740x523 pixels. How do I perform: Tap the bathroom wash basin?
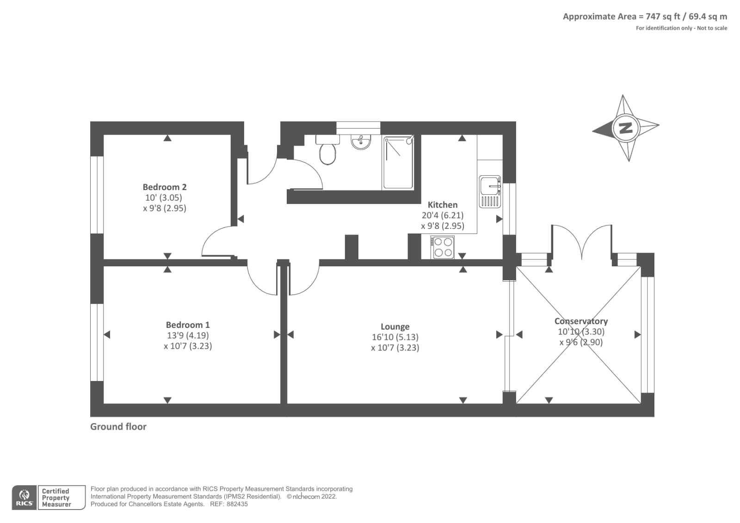pos(361,142)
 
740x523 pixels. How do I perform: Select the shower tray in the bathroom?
pos(398,162)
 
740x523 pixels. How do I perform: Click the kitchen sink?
pos(490,191)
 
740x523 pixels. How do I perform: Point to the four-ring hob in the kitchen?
pos(442,247)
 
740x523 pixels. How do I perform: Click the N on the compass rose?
pos(625,128)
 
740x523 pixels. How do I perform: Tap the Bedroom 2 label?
pos(165,187)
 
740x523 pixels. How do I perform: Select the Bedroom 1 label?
pos(188,325)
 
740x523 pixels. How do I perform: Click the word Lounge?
pos(395,327)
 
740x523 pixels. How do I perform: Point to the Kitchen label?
pos(442,204)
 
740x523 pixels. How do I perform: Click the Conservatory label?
pos(581,321)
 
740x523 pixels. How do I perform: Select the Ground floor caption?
pos(118,426)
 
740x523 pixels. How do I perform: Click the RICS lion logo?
pos(25,497)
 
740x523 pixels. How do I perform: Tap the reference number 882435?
pos(237,504)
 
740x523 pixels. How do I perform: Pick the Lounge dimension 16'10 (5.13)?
pos(395,337)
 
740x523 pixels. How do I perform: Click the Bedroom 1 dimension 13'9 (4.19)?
pos(188,335)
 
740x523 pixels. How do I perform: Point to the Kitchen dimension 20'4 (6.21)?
pos(442,215)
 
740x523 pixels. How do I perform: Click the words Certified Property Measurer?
pos(56,498)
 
